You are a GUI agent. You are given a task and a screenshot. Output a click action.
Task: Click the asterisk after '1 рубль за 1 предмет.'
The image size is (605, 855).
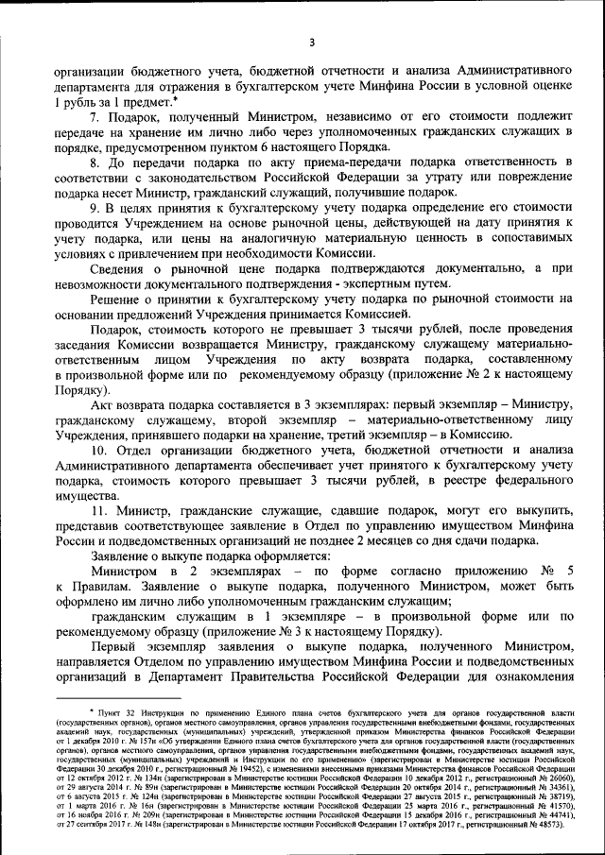click(176, 98)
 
